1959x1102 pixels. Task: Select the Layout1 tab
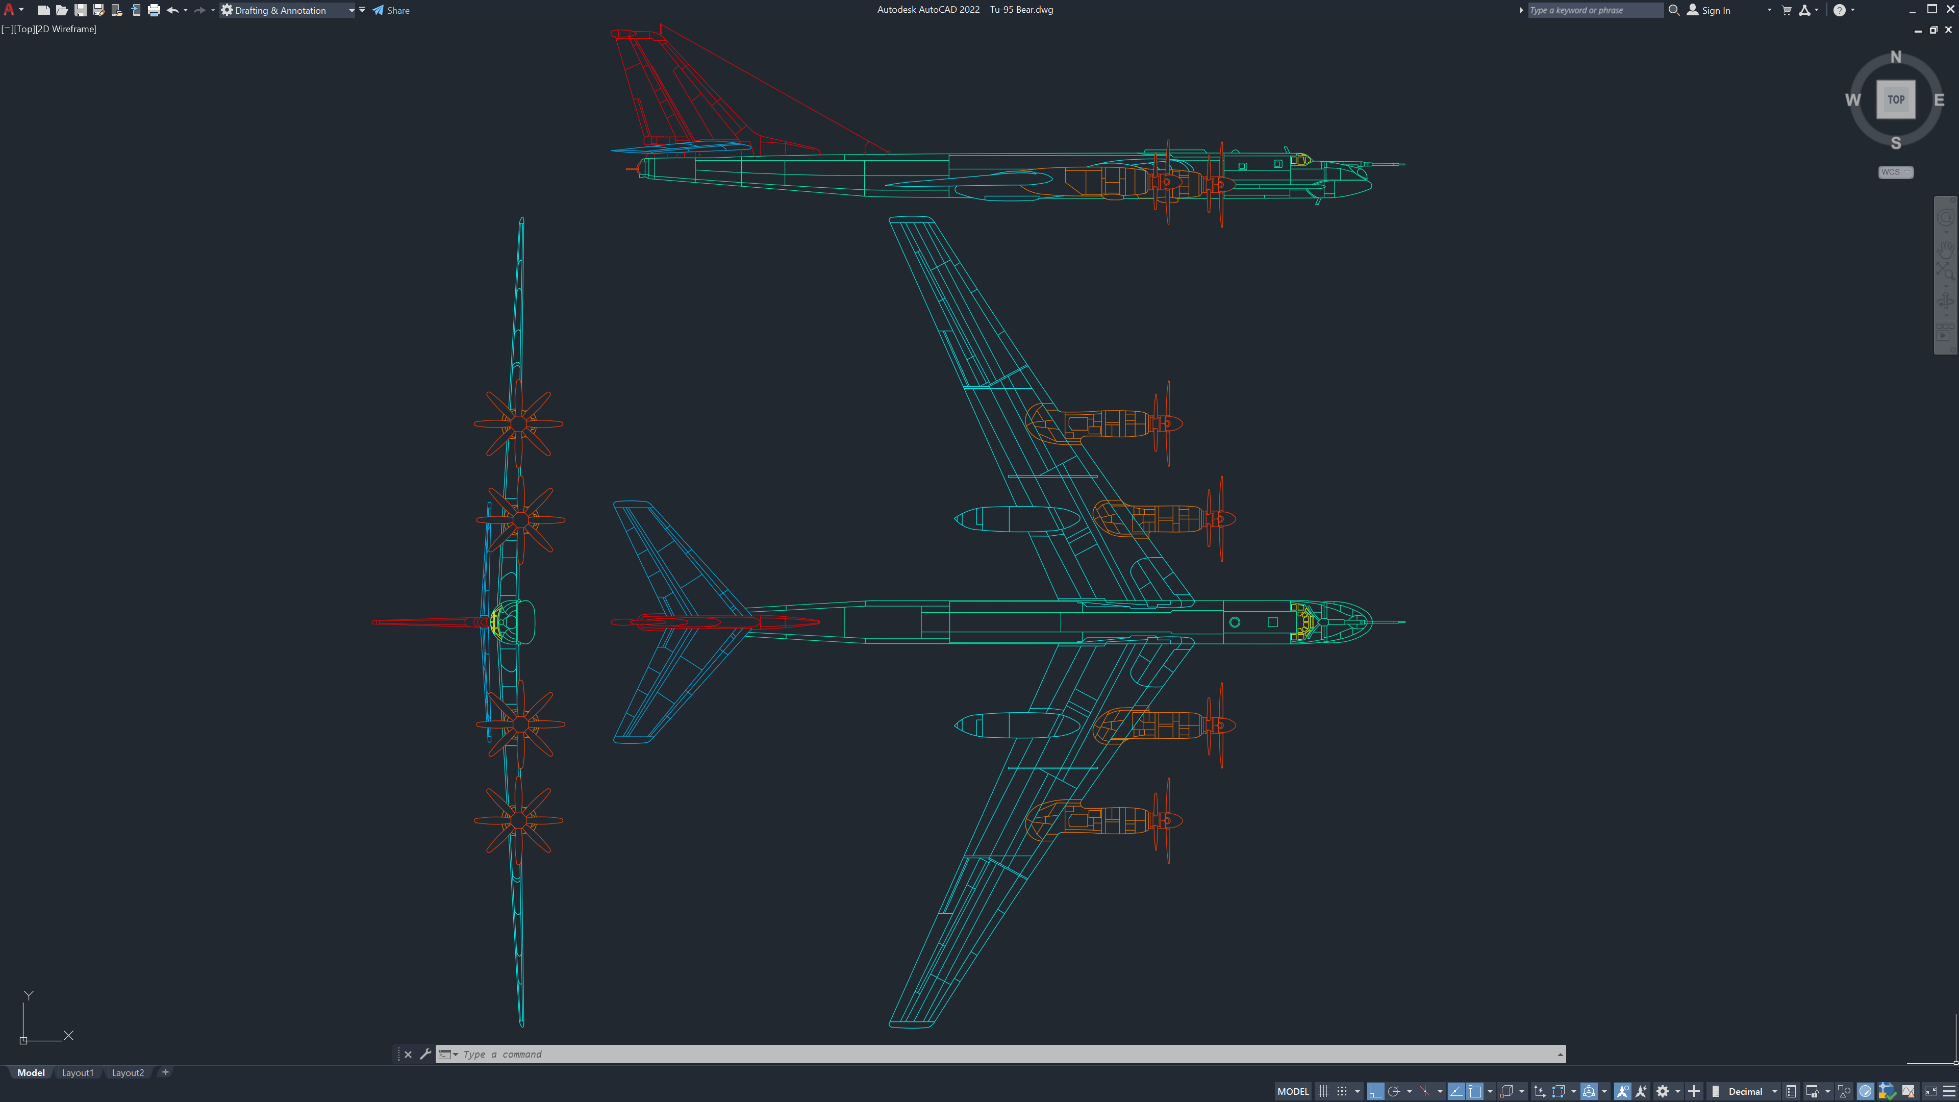[x=78, y=1072]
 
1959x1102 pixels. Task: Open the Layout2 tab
[x=128, y=1072]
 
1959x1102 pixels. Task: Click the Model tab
[x=31, y=1072]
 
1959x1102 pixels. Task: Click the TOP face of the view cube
[x=1895, y=99]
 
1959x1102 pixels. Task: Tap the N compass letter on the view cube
[x=1895, y=57]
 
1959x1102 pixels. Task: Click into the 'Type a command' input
[x=989, y=1054]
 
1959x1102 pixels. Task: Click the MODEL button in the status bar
[x=1293, y=1091]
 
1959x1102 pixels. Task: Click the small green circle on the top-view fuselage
[x=1234, y=622]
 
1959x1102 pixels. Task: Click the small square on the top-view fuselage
[x=1272, y=622]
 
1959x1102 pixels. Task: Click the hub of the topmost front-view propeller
[x=519, y=423]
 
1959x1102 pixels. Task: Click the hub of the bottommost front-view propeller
[x=519, y=820]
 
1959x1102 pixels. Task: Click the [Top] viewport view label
[x=24, y=29]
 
